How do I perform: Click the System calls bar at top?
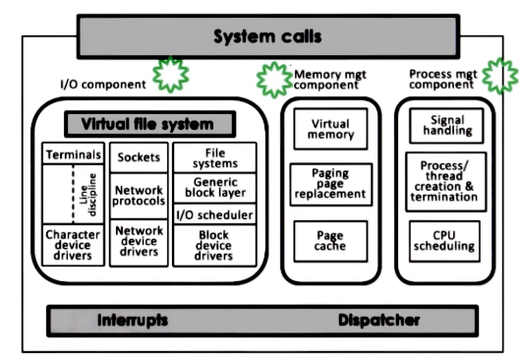click(268, 37)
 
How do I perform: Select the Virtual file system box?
click(151, 125)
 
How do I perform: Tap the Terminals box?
click(74, 154)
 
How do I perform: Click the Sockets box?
click(139, 157)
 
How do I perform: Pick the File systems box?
click(214, 157)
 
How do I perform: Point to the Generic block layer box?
click(214, 188)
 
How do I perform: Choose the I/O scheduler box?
click(214, 214)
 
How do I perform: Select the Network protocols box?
click(139, 196)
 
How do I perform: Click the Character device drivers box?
click(74, 245)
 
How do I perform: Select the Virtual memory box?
click(330, 130)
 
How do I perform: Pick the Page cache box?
click(330, 240)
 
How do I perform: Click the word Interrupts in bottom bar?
click(133, 321)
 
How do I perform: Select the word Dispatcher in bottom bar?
click(379, 321)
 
